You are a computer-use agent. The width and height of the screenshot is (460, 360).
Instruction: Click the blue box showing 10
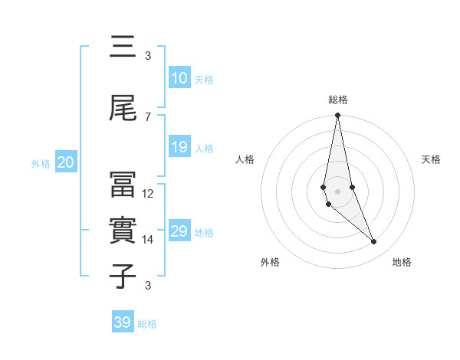[179, 78]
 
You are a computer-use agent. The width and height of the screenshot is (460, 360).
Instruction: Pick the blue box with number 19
[179, 147]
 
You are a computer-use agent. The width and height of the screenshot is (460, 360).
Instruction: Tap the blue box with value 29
[179, 231]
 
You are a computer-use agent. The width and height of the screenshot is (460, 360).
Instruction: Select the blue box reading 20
[65, 162]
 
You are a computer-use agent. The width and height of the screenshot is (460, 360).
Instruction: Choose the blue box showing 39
[123, 322]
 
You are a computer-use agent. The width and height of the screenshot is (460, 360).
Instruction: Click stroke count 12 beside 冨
[148, 194]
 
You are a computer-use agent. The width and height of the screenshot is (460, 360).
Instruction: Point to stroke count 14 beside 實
[148, 240]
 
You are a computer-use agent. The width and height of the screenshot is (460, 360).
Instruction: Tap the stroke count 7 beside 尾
[148, 116]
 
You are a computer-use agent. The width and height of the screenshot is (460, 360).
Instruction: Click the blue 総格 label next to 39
[147, 324]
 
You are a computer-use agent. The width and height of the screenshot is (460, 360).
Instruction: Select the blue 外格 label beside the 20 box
[41, 163]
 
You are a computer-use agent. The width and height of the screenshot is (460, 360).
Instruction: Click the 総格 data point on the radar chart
[337, 116]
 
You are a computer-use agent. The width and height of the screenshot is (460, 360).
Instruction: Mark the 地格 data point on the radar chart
[374, 242]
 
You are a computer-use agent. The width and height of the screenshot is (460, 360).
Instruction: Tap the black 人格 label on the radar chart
[245, 159]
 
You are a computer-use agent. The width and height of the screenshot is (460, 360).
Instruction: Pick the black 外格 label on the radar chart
[270, 262]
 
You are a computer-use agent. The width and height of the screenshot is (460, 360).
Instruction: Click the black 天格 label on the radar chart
[432, 159]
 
